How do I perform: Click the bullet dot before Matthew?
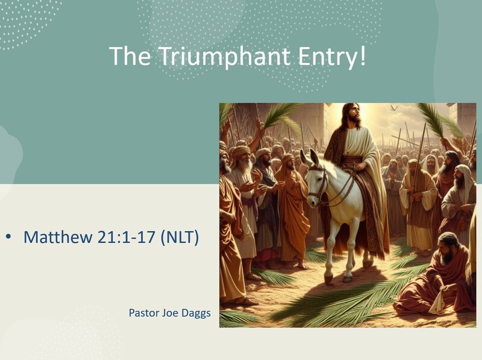point(9,237)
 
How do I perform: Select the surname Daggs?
point(195,313)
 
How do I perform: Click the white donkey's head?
point(317,181)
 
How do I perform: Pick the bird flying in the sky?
point(394,109)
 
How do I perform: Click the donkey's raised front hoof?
point(329,279)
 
